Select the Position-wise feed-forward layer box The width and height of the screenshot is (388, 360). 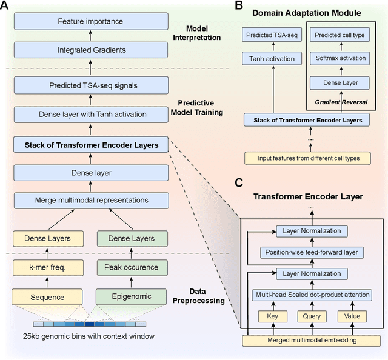[x=311, y=252]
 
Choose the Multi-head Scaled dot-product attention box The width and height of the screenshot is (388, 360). [x=311, y=295]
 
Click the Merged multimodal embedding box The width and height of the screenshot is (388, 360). [x=311, y=339]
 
